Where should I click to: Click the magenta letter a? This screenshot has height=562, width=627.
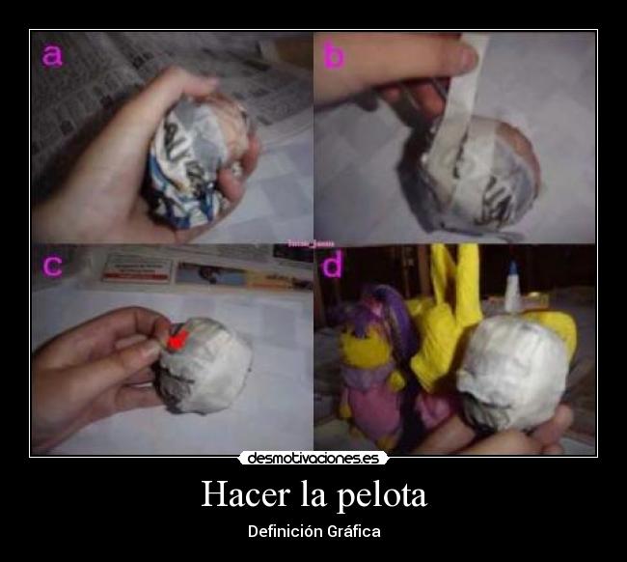(x=52, y=56)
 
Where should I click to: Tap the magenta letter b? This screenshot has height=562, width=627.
(x=333, y=56)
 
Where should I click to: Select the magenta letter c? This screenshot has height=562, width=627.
(x=52, y=266)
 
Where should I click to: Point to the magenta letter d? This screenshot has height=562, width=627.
(x=333, y=266)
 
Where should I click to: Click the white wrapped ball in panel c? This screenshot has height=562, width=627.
(x=205, y=364)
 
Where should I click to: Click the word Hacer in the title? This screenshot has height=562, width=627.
(x=242, y=495)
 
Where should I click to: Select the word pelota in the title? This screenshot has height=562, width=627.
(x=382, y=495)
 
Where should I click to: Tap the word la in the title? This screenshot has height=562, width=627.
(x=312, y=495)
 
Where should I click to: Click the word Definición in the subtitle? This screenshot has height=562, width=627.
(x=285, y=531)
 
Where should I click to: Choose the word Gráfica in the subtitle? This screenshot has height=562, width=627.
(x=353, y=531)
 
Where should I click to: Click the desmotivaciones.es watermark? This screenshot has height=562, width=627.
(x=313, y=459)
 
